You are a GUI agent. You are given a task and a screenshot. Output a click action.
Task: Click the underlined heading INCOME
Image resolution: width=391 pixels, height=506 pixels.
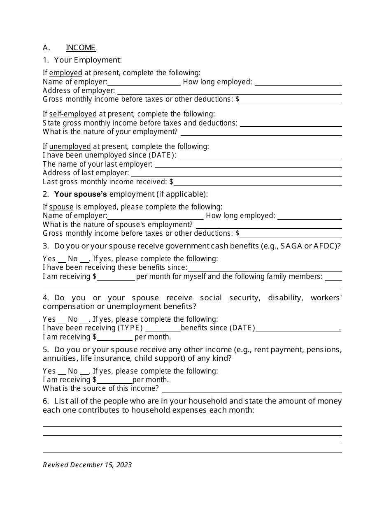pos(81,48)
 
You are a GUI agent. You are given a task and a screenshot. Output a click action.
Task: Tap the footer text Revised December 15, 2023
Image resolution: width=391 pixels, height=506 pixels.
pos(87,465)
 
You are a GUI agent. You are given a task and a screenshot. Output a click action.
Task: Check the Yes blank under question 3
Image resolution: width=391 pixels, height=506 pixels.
pos(62,260)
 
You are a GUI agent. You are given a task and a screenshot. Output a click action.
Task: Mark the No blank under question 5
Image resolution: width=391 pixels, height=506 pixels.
pos(84,372)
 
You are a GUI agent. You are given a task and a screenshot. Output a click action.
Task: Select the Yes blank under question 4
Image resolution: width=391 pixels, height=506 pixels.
pos(62,320)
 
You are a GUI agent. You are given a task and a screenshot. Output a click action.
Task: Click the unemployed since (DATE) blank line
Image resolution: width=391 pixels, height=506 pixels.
pos(260,156)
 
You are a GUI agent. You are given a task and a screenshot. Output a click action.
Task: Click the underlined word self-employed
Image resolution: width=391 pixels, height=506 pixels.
pos(73,114)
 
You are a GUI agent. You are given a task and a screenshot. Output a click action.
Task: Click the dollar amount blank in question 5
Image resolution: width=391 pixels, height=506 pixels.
pos(114,381)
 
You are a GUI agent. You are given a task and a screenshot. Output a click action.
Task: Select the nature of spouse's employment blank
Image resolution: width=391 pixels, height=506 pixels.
pos(269,225)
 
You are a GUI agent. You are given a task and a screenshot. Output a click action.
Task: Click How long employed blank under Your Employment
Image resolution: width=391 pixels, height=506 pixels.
pos(298,83)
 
